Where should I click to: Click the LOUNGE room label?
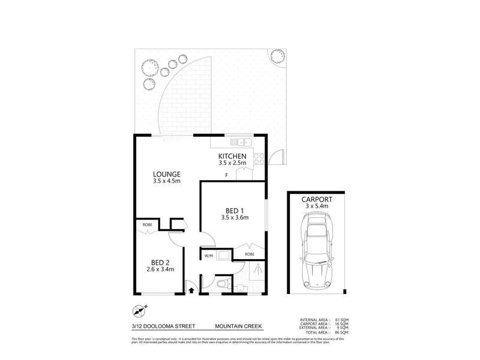click(167, 174)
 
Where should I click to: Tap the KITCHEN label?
click(233, 157)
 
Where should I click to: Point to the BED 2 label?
click(158, 262)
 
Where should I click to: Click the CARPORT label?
click(316, 199)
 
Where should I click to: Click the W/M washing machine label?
click(209, 256)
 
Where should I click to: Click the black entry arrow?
click(191, 290)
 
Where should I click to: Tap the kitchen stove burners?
click(260, 160)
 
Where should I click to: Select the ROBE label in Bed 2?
click(146, 226)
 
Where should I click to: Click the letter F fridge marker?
click(226, 175)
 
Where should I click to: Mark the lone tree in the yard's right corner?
click(278, 56)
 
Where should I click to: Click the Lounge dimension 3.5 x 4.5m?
click(167, 181)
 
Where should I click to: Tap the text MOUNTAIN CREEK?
click(239, 326)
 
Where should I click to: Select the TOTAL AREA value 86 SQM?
click(340, 332)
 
